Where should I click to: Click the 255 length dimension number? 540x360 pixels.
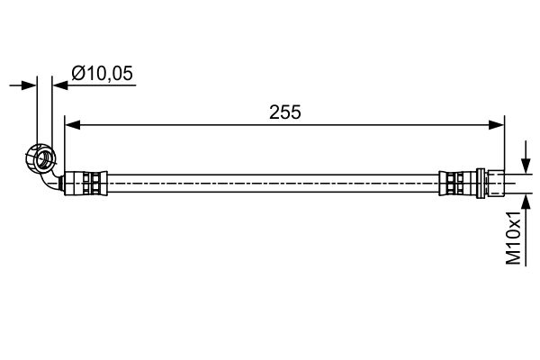coord(284,112)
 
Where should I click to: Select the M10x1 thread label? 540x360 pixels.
coord(513,238)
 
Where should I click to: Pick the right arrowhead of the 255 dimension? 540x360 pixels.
coord(497,127)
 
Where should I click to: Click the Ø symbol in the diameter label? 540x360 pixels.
coord(77,75)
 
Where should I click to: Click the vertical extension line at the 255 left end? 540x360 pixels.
coord(66,144)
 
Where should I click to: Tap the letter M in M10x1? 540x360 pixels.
coord(513,257)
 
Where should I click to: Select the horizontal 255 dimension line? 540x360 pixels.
coord(180,127)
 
